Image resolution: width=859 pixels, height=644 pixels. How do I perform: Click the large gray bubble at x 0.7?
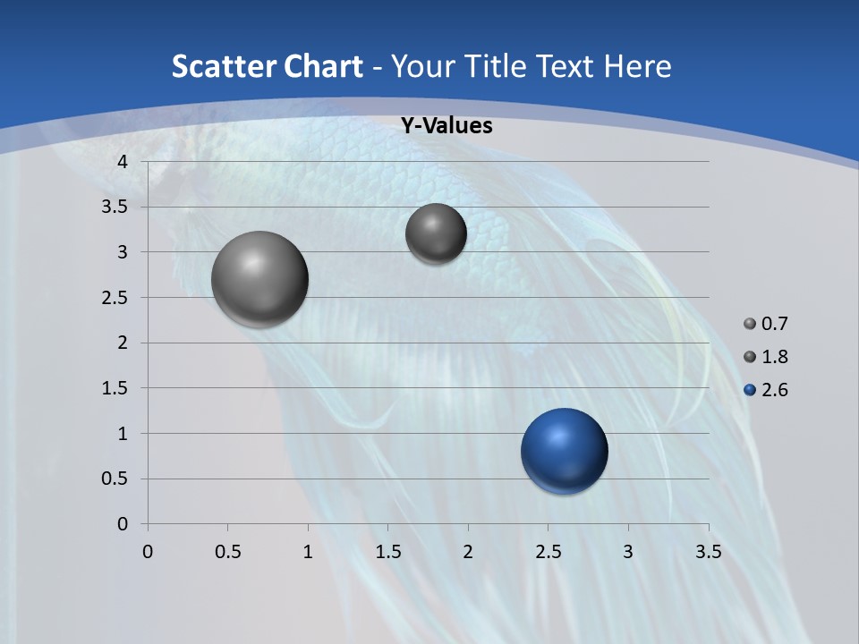[260, 279]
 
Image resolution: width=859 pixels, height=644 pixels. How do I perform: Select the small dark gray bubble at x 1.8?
[436, 233]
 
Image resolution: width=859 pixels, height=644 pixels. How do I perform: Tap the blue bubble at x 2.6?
[565, 451]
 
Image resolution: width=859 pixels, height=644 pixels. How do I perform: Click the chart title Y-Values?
[447, 126]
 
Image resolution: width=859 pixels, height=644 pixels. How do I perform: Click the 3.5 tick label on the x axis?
[709, 552]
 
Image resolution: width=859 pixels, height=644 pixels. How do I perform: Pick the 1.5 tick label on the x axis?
[387, 552]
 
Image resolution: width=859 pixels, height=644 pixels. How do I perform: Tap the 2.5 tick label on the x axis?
[548, 552]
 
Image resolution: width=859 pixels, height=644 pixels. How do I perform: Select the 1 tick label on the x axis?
[308, 552]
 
